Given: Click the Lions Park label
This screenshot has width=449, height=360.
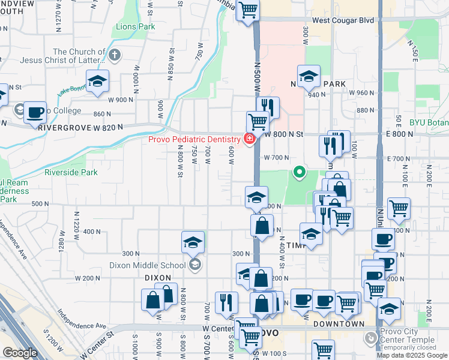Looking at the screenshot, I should (135, 27).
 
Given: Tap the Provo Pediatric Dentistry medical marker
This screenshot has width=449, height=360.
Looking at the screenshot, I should (249, 139).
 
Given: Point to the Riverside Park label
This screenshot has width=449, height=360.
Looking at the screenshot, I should (71, 172).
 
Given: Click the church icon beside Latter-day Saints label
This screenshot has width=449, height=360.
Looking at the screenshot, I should (114, 55).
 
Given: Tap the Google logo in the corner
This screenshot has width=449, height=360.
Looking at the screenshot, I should (19, 353).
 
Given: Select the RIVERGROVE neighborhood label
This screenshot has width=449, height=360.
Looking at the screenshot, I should (61, 127).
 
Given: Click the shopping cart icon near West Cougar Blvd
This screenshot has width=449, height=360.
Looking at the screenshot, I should (248, 10).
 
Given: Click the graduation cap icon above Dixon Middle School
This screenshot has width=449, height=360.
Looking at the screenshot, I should (193, 242).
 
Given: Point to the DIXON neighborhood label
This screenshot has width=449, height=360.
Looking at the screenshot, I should (158, 278).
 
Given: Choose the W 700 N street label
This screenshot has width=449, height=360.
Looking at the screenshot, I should (277, 157).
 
